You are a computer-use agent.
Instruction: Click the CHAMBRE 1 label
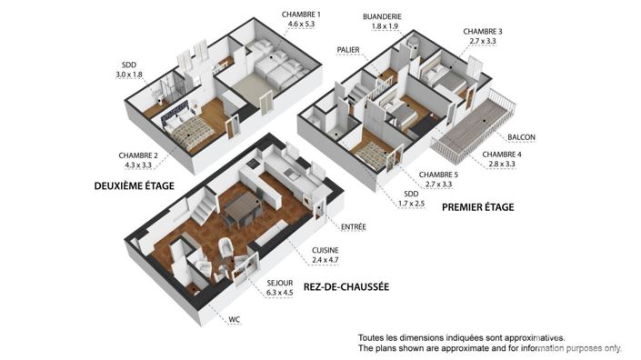click(x=302, y=14)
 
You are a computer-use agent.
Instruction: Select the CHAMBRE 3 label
click(x=482, y=31)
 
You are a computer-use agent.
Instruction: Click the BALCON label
click(x=521, y=137)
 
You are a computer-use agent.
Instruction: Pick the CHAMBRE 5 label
click(x=438, y=175)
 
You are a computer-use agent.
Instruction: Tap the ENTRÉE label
click(x=353, y=226)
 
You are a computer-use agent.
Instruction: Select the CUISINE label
click(x=326, y=250)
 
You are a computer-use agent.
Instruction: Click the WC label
click(x=235, y=319)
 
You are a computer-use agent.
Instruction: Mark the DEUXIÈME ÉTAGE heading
click(x=135, y=185)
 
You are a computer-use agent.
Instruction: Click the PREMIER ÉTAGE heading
click(x=477, y=207)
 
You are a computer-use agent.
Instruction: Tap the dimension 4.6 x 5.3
click(x=302, y=25)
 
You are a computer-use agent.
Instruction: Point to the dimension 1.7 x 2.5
click(x=411, y=205)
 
